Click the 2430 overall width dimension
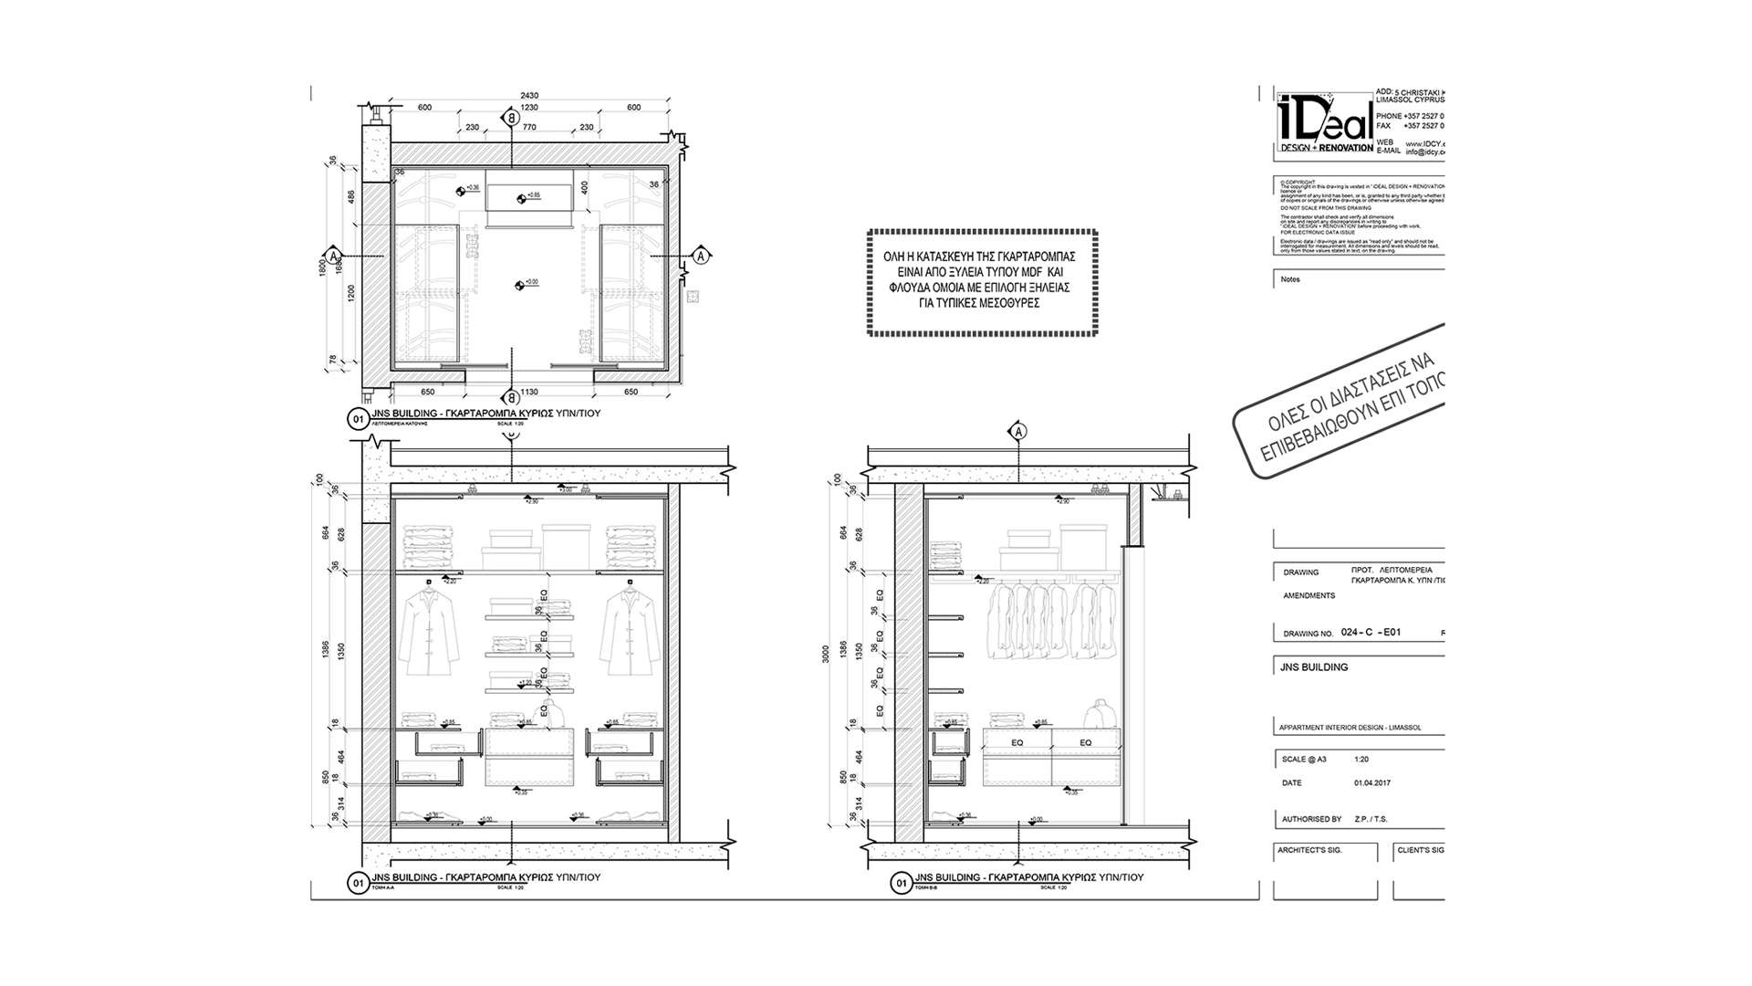click(x=529, y=96)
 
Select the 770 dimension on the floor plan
click(x=529, y=128)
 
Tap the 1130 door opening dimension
click(x=528, y=392)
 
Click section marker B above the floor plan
click(x=512, y=118)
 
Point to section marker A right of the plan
click(x=701, y=255)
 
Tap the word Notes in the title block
click(x=1290, y=279)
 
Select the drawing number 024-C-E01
click(x=1371, y=632)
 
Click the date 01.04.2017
click(x=1372, y=783)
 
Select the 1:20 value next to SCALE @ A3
click(x=1361, y=760)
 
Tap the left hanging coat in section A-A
click(x=429, y=630)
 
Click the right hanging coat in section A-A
click(x=630, y=630)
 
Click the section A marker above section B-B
click(x=1019, y=431)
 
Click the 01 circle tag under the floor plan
click(x=356, y=420)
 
